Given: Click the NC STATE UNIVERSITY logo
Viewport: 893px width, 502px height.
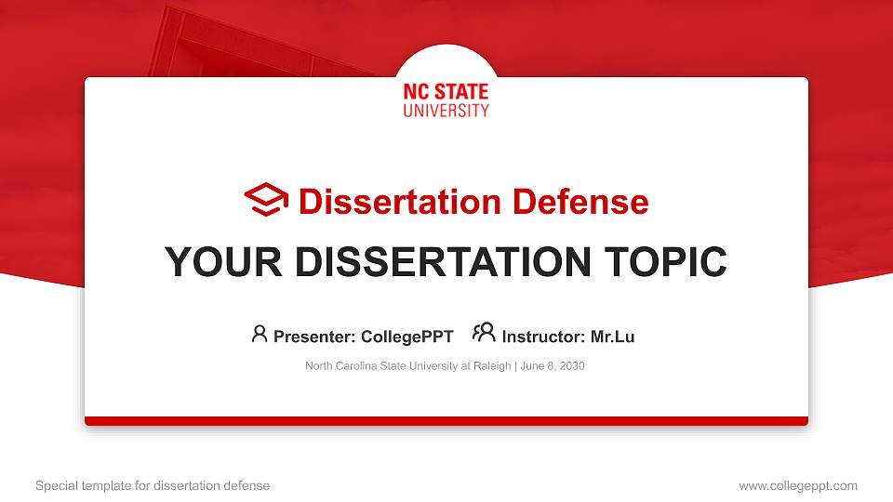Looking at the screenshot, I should (x=446, y=100).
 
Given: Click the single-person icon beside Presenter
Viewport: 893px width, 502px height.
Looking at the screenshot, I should (x=260, y=334).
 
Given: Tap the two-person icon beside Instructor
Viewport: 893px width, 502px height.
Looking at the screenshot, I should (x=484, y=333).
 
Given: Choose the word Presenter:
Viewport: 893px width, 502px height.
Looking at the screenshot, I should (x=313, y=337).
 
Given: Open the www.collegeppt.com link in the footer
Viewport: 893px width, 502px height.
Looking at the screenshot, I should (x=797, y=485).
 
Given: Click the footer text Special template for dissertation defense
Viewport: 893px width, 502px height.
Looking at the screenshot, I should (x=153, y=485).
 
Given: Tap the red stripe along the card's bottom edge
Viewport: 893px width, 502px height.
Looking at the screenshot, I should (x=446, y=421).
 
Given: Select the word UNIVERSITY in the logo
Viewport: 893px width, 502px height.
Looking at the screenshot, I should (x=446, y=111).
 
